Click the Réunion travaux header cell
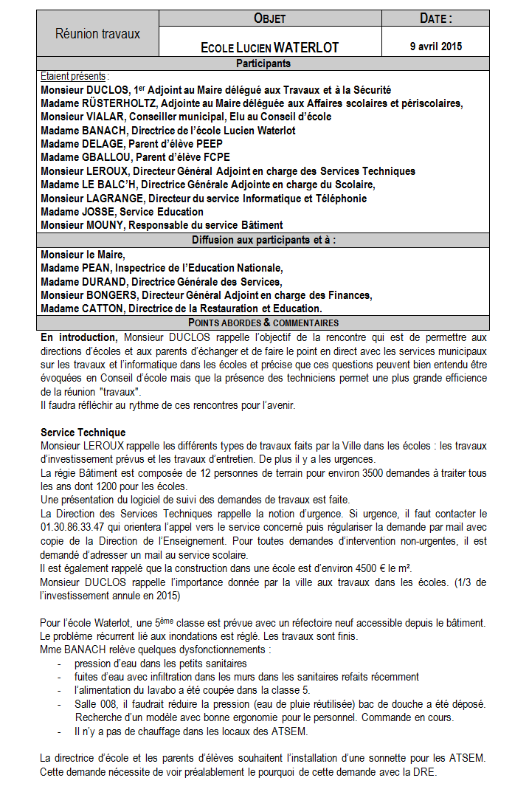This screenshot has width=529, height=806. click(97, 34)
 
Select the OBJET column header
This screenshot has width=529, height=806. click(269, 18)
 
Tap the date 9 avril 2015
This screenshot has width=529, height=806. click(435, 46)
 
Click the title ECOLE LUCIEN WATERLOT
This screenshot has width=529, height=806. click(269, 48)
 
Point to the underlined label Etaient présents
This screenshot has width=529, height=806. click(73, 76)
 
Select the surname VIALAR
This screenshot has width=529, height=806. click(106, 117)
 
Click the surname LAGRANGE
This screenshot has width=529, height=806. click(114, 199)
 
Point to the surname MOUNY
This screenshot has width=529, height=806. click(106, 225)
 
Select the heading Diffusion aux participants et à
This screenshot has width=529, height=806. click(269, 240)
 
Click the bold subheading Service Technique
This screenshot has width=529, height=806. click(83, 433)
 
